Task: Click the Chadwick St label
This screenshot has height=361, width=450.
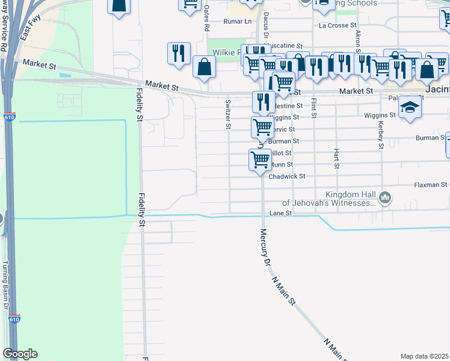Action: click(x=287, y=176)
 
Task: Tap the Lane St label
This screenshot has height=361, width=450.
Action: click(x=280, y=213)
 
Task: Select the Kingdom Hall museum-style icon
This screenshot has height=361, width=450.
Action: click(x=386, y=197)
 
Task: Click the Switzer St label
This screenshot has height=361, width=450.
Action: click(x=228, y=114)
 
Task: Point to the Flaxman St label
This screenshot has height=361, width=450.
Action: click(x=431, y=185)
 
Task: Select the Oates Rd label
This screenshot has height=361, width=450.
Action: click(x=206, y=19)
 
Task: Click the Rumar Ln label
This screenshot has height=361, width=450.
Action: click(x=237, y=22)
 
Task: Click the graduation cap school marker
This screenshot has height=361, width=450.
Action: click(x=410, y=108)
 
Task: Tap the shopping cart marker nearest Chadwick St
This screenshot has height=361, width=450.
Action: click(x=260, y=160)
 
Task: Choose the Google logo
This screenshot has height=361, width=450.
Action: click(x=19, y=354)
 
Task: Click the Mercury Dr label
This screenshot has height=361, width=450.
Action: click(x=264, y=247)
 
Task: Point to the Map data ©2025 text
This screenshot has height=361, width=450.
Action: click(x=425, y=356)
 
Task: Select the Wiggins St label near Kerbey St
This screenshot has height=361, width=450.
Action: click(x=380, y=114)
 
